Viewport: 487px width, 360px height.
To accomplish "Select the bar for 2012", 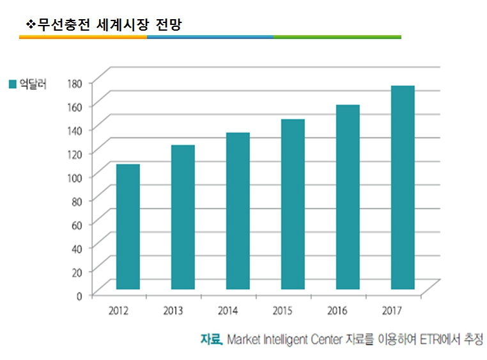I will pyautogui.click(x=128, y=227).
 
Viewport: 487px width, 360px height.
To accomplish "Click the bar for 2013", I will pyautogui.click(x=183, y=217).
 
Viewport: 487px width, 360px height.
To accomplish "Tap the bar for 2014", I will pyautogui.click(x=238, y=211).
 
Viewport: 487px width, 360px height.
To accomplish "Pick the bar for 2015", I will pyautogui.click(x=293, y=205).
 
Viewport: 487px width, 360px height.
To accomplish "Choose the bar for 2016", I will pyautogui.click(x=348, y=197).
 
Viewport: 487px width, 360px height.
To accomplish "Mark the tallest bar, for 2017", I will pyautogui.click(x=403, y=187).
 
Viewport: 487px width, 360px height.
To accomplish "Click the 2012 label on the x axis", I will pyautogui.click(x=119, y=311).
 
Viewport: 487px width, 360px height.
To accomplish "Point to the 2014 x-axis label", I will pyautogui.click(x=228, y=311).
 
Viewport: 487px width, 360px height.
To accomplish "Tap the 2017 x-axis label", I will pyautogui.click(x=392, y=311).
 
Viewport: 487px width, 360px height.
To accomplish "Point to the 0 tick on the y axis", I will pyautogui.click(x=79, y=295).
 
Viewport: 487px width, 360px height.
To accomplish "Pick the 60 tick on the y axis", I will pyautogui.click(x=76, y=224).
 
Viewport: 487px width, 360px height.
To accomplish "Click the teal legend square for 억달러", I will pyautogui.click(x=12, y=84).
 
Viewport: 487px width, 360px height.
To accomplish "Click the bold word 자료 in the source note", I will pyautogui.click(x=210, y=339).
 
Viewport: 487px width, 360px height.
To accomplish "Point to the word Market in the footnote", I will pyautogui.click(x=243, y=339).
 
